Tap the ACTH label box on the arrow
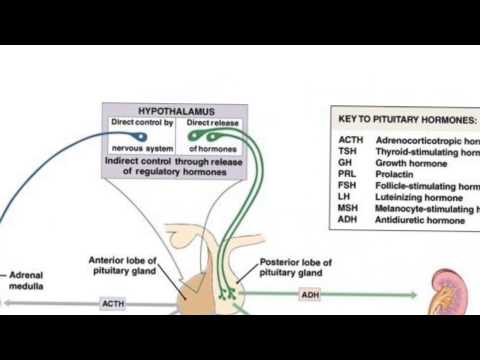pyautogui.click(x=113, y=302)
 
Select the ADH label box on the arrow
pyautogui.click(x=310, y=295)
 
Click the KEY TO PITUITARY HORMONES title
pyautogui.click(x=405, y=118)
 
